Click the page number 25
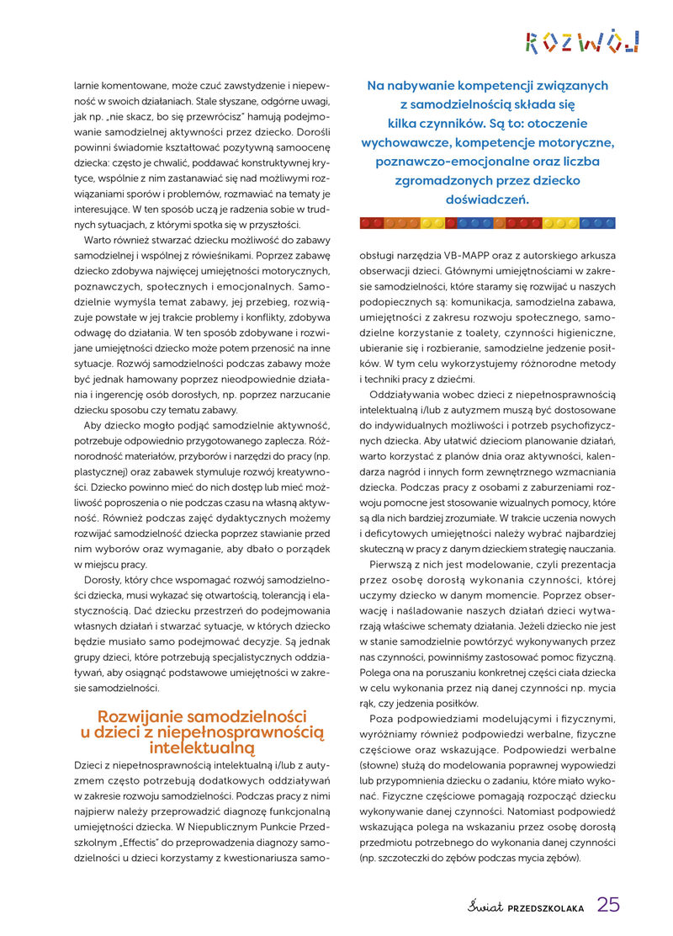point(608,904)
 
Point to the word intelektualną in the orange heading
point(203,747)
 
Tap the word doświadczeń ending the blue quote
point(486,199)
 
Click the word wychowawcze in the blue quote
point(405,142)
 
